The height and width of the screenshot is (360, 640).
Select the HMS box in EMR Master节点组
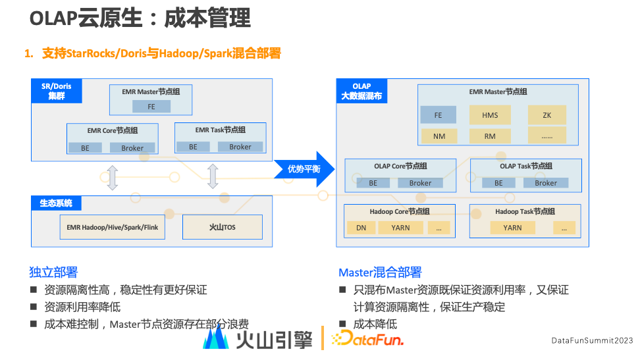click(490, 115)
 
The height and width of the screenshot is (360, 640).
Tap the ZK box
click(547, 115)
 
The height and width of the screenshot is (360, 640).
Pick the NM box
click(439, 136)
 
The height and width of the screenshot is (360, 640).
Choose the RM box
click(490, 136)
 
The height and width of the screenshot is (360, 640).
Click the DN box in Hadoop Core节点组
click(361, 228)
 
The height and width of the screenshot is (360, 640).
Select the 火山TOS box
click(222, 227)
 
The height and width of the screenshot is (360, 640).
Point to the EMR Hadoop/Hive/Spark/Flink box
click(113, 227)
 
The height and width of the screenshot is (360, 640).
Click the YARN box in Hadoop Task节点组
click(512, 228)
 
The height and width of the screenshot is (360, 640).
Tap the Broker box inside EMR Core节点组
click(132, 148)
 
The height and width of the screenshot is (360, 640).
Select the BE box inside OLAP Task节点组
click(498, 183)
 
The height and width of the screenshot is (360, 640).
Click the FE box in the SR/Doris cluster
click(151, 107)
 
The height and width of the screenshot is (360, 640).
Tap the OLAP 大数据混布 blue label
click(361, 91)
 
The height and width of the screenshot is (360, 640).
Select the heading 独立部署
click(53, 272)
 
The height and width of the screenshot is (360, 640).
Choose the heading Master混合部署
click(380, 272)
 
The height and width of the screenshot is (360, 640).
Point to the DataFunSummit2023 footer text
click(592, 340)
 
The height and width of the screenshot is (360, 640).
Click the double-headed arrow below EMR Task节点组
click(212, 177)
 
